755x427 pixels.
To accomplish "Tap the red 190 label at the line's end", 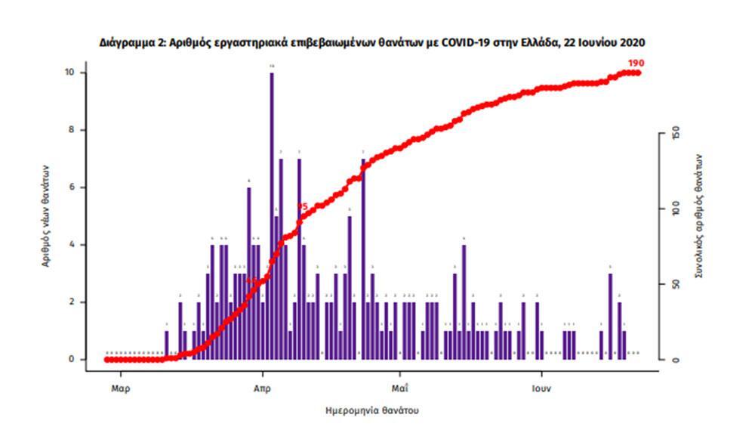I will [x=635, y=63].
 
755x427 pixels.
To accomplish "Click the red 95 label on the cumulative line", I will [x=302, y=206].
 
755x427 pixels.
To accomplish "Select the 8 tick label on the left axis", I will [x=71, y=130].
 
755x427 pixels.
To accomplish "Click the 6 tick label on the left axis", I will [x=71, y=187].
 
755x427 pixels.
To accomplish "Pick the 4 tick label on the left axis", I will [x=71, y=245].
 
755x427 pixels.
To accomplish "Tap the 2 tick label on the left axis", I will [x=71, y=302].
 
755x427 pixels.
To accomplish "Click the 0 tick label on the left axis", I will [x=71, y=360].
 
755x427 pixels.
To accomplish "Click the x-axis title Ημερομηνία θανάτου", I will [x=371, y=410].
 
